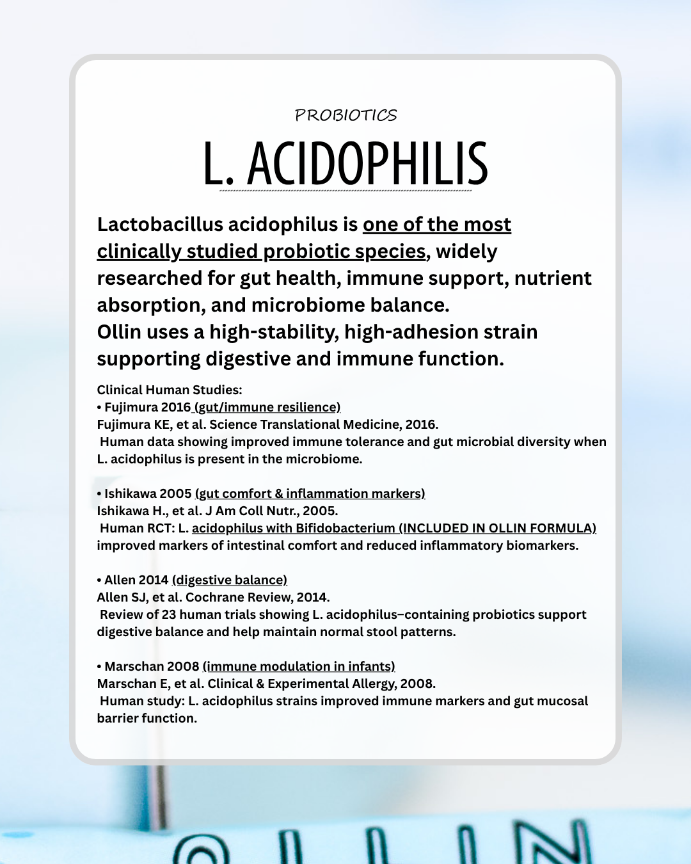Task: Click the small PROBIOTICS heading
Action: [x=345, y=115]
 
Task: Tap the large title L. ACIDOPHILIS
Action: [x=345, y=164]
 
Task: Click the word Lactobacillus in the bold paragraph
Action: [x=160, y=225]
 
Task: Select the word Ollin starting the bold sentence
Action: [x=119, y=332]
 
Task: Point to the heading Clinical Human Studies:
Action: [x=170, y=390]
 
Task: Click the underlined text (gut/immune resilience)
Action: [x=267, y=407]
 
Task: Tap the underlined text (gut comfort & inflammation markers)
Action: [x=310, y=493]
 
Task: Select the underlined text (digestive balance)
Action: [x=230, y=580]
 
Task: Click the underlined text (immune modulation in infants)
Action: [x=299, y=666]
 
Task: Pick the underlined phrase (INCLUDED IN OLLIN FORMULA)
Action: [x=498, y=528]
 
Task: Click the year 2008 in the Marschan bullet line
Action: [x=183, y=666]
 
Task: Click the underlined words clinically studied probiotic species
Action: [x=261, y=252]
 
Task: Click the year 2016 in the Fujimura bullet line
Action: [x=176, y=407]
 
